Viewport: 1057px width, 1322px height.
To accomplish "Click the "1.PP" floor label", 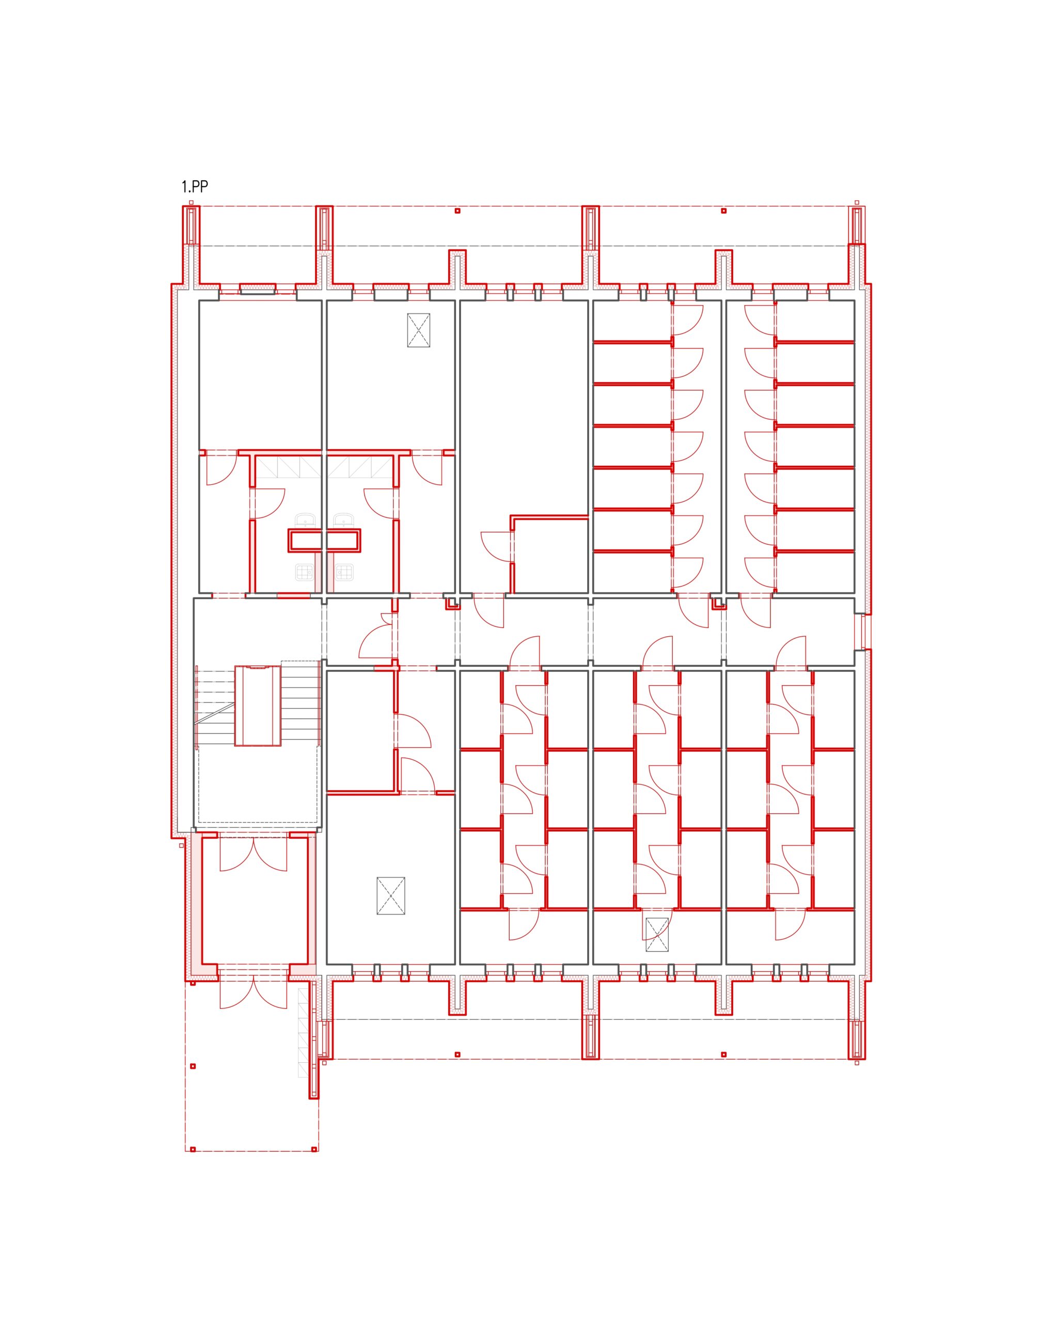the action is click(x=194, y=186).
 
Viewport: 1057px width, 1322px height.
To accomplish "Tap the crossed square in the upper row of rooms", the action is click(x=418, y=330).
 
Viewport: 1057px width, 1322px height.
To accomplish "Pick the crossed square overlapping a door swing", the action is click(x=657, y=935).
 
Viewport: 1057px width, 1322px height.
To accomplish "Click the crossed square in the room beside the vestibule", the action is click(x=390, y=896).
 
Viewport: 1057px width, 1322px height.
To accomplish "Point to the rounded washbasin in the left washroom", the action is click(x=305, y=521).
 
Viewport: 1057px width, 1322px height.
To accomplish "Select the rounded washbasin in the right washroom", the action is click(x=344, y=521).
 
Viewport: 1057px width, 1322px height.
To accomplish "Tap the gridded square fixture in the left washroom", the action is click(x=305, y=573).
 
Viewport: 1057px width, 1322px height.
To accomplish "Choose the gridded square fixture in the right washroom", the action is click(x=344, y=573).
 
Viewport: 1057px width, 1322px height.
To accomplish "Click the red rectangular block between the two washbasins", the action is click(x=324, y=540).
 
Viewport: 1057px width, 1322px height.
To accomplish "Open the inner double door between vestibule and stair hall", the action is click(x=253, y=852).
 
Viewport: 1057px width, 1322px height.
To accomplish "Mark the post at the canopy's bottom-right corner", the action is click(x=314, y=1149).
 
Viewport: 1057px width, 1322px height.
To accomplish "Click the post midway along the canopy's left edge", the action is click(x=193, y=1066).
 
